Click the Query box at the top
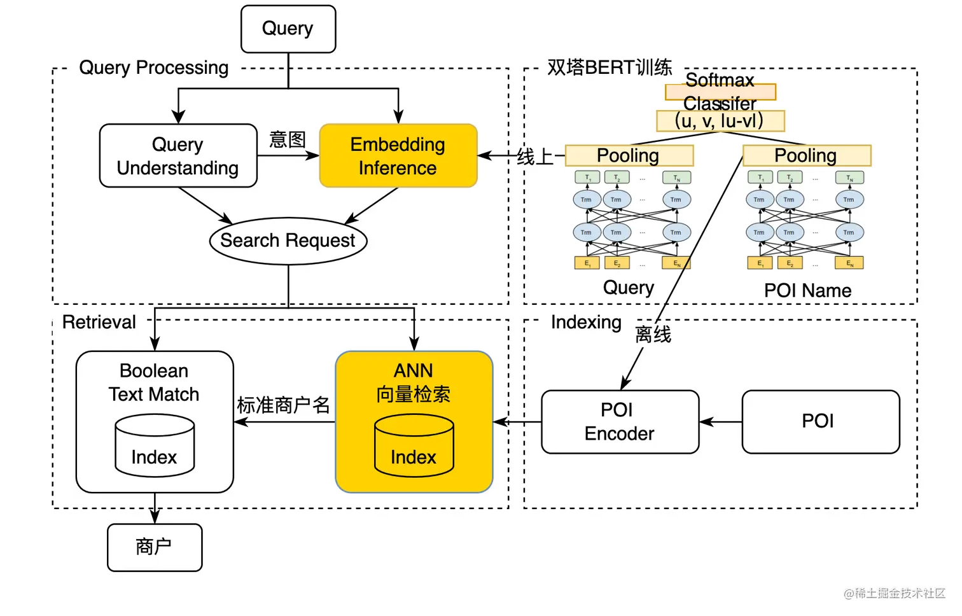click(288, 29)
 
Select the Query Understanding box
click(178, 156)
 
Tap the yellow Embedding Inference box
click(398, 156)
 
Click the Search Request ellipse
click(288, 241)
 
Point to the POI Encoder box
click(620, 422)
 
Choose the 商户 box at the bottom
click(154, 547)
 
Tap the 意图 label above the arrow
click(288, 139)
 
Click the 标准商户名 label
click(284, 405)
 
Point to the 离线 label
click(653, 334)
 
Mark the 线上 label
click(534, 157)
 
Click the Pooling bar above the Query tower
click(629, 155)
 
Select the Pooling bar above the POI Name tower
click(806, 155)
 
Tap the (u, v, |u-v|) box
click(720, 121)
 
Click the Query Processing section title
click(153, 67)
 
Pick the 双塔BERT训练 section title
click(609, 67)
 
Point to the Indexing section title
click(586, 322)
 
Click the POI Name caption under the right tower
click(807, 291)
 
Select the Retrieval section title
click(99, 322)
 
